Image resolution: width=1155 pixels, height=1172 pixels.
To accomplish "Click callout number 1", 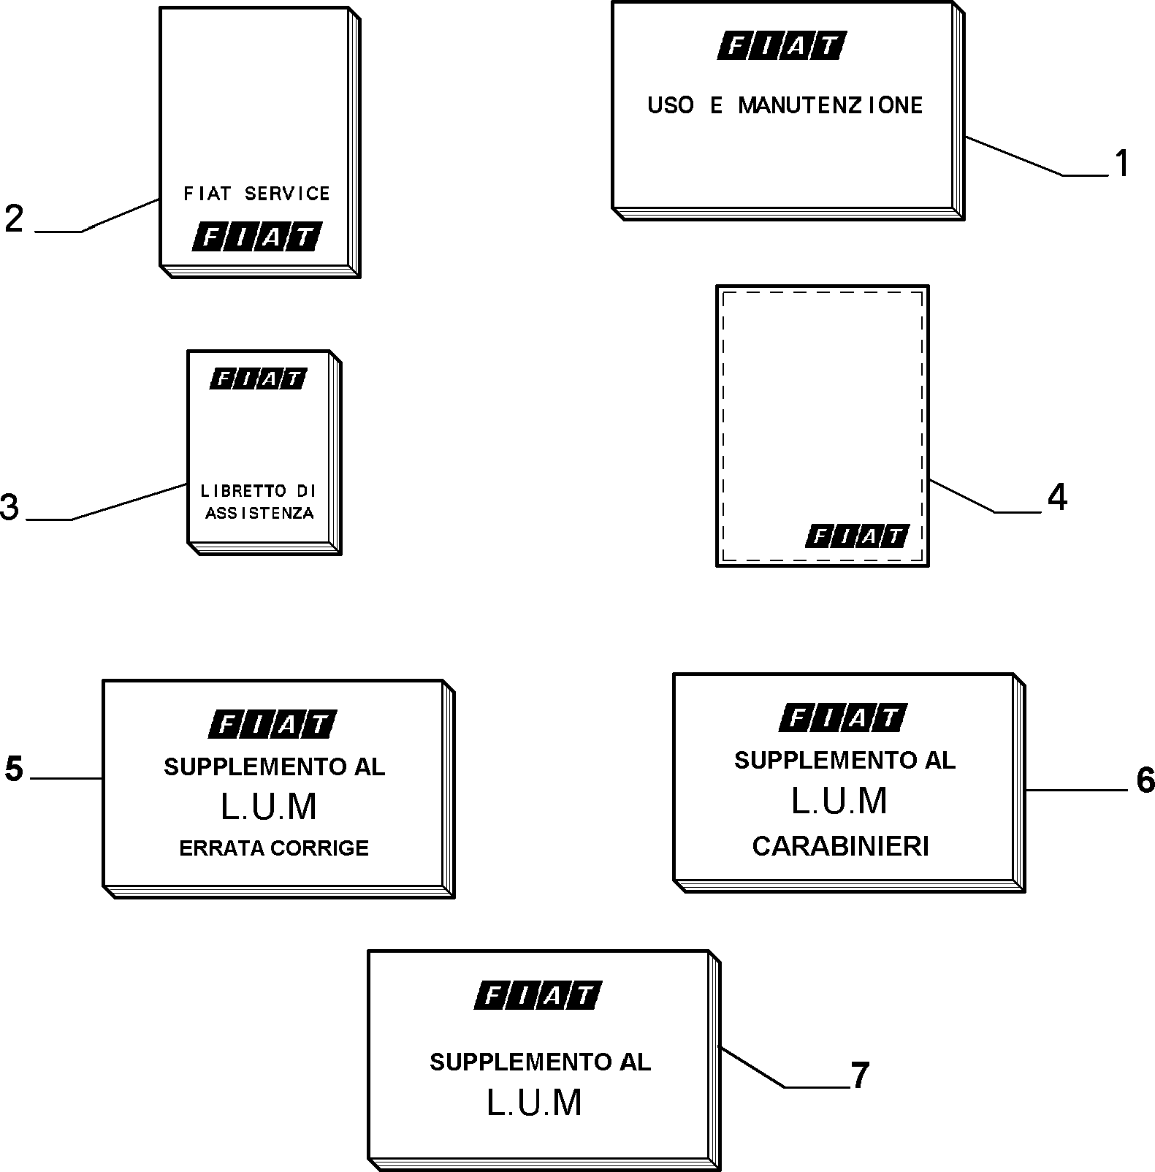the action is (x=1121, y=163).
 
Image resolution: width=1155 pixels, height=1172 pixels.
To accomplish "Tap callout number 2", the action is (x=14, y=218).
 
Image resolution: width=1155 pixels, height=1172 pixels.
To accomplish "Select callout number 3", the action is (x=9, y=507).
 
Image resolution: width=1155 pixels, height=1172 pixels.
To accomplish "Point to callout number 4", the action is (x=1057, y=498).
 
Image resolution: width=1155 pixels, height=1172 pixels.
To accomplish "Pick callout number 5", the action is (x=14, y=769).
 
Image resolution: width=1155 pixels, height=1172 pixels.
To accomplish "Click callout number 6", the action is (x=1146, y=780).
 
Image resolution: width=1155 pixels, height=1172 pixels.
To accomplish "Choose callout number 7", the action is (x=860, y=1076).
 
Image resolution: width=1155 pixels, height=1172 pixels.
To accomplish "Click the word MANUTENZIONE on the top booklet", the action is (x=831, y=105).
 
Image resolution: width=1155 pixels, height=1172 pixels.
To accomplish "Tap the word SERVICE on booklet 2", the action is (x=287, y=194).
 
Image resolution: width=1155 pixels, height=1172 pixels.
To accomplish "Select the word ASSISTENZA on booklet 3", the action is (x=259, y=513).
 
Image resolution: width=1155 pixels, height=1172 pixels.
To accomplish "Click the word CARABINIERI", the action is (x=840, y=846).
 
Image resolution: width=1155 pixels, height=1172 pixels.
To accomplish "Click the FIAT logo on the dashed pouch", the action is (x=858, y=536).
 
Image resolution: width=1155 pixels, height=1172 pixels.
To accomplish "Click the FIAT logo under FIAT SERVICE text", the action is (x=256, y=237).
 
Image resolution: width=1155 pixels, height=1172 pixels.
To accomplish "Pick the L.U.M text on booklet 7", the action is (x=534, y=1103).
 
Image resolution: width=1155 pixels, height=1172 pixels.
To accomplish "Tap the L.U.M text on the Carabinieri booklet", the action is (x=839, y=801).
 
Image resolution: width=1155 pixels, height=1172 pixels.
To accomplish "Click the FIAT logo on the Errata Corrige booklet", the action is (x=272, y=724).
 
